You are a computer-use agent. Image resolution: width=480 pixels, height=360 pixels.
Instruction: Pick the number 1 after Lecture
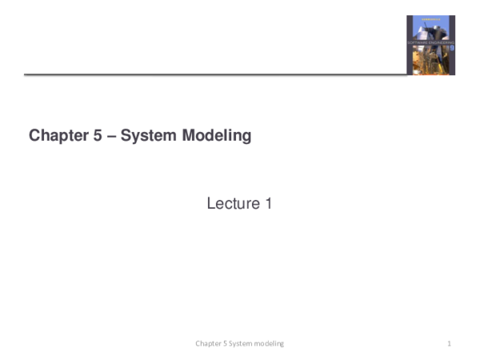[268, 204]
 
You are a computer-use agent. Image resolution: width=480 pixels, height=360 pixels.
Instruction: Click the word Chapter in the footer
[208, 343]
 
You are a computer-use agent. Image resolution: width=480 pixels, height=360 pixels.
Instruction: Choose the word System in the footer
[240, 343]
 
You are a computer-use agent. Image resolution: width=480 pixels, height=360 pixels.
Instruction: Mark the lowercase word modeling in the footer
[269, 343]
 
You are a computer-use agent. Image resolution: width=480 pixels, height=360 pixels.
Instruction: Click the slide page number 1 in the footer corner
[450, 343]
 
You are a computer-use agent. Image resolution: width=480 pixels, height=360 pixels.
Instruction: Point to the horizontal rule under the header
[216, 74]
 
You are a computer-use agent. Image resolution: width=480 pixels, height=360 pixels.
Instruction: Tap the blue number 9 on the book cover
[451, 48]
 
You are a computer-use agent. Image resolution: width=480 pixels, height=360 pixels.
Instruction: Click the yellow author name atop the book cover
[430, 21]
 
